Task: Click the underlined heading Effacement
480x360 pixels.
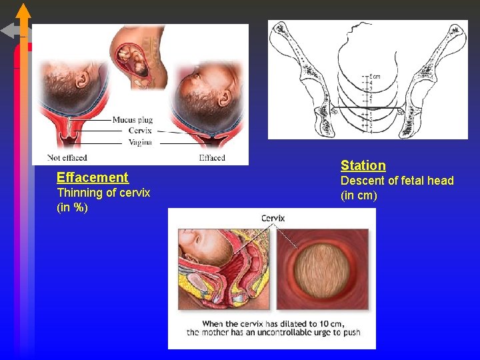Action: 92,177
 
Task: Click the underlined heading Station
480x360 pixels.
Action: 363,165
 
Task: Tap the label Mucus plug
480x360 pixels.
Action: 132,120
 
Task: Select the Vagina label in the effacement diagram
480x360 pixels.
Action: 139,142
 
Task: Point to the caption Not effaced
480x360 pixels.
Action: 67,158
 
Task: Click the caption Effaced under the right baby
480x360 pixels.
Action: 212,158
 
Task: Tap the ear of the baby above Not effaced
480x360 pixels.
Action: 83,80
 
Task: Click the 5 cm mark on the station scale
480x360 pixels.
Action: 375,76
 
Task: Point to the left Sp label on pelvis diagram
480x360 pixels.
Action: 334,113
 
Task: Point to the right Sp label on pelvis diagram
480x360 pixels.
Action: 401,112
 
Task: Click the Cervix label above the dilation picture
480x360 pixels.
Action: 273,218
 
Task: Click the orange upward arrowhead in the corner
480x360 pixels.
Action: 23,12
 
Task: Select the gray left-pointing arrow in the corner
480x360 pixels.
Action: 10,31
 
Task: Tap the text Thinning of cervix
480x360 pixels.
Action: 103,193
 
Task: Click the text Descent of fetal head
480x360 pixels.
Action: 397,181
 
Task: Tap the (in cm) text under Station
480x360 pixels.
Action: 359,195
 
